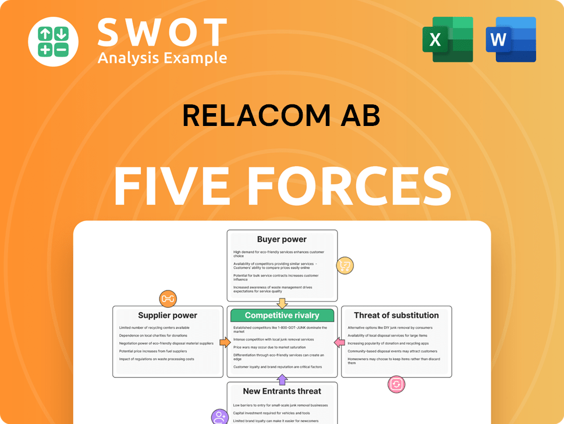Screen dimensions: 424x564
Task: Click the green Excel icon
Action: (447, 40)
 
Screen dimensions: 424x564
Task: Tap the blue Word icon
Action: (510, 40)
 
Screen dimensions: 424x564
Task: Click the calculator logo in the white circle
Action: (53, 41)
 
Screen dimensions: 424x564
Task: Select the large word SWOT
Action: (162, 32)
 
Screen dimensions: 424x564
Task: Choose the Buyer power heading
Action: (282, 239)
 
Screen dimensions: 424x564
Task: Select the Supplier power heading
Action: (168, 316)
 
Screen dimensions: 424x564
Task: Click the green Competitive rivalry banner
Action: (282, 316)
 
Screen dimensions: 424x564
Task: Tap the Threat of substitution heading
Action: (396, 316)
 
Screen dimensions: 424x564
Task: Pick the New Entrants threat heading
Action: (282, 391)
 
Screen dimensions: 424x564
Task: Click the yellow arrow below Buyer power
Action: (282, 303)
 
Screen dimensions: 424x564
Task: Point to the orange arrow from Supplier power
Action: (225, 342)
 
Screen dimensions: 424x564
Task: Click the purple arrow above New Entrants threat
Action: (282, 380)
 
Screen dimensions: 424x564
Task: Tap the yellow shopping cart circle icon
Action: (345, 266)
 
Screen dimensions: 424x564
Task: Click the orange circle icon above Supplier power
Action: (168, 299)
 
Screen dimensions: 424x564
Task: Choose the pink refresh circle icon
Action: (396, 384)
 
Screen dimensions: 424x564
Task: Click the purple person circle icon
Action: (219, 416)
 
